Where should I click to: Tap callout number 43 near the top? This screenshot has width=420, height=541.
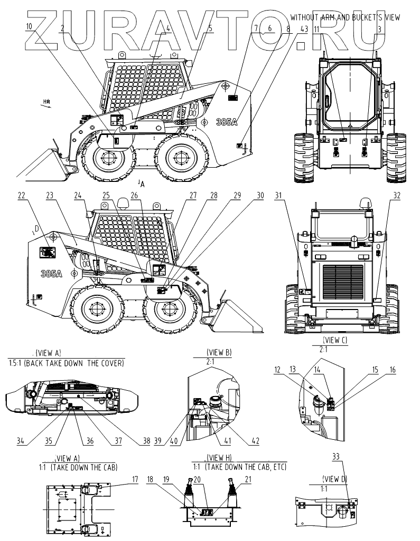point(303,30)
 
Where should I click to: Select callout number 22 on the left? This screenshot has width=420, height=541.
point(21,195)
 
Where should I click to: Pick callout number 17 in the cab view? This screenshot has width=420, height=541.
point(135,479)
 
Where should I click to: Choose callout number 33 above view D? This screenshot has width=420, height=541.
point(336,458)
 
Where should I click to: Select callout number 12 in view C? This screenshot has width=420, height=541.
point(277,370)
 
